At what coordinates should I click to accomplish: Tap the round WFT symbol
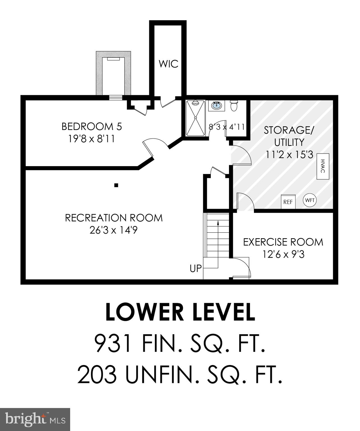point(310,200)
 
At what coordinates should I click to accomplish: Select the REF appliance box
point(288,201)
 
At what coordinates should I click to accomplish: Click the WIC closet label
point(168,64)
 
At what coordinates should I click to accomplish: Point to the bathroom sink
point(216,106)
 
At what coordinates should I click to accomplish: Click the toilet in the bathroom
point(234,106)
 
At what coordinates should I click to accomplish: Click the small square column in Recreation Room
point(116,185)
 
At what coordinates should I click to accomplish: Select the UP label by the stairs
point(196,269)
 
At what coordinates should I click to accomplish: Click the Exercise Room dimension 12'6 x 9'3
point(283,255)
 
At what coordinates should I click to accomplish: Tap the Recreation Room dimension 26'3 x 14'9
point(114,230)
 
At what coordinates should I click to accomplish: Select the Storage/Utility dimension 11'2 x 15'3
point(290,155)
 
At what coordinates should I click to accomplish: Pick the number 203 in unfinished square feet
point(97,375)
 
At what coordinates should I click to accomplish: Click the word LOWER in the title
point(144,312)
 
